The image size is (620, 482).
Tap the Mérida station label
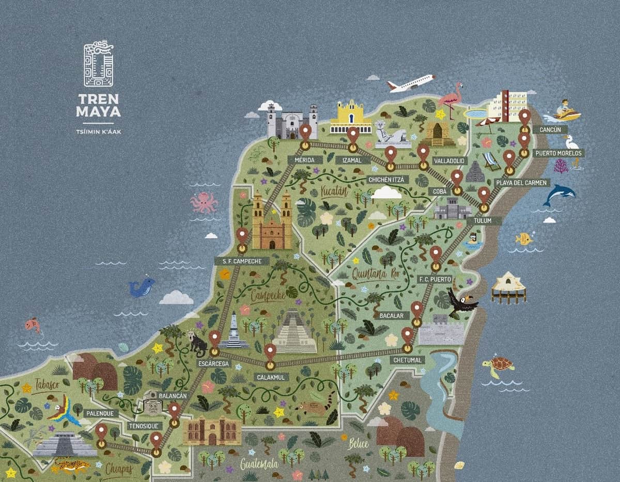pyautogui.click(x=304, y=160)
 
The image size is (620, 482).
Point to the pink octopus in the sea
pyautogui.click(x=204, y=202)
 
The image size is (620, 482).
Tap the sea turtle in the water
pyautogui.click(x=498, y=365)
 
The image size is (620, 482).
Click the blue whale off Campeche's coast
pyautogui.click(x=142, y=287)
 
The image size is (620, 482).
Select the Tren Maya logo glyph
pyautogui.click(x=98, y=65)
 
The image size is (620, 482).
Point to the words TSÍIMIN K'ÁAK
pyautogui.click(x=98, y=131)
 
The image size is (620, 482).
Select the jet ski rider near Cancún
pyautogui.click(x=567, y=111)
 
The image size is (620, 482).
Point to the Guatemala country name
pyautogui.click(x=259, y=464)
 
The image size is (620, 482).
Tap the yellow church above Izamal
pyautogui.click(x=351, y=118)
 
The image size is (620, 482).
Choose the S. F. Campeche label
pyautogui.click(x=242, y=262)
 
